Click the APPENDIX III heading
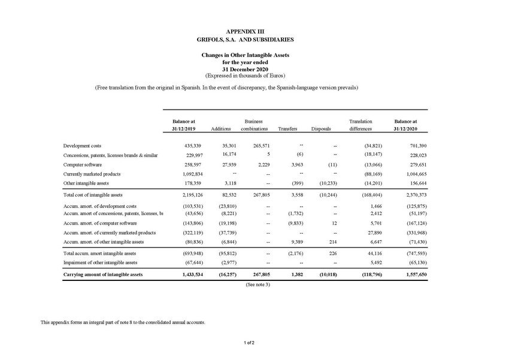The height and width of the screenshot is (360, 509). pos(246,31)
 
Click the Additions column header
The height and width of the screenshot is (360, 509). pos(221,129)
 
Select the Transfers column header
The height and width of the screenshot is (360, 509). pos(288,129)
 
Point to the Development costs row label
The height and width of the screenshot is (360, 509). pos(82,146)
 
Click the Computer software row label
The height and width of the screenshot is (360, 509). pos(83,164)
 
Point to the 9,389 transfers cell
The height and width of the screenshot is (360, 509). pos(290,242)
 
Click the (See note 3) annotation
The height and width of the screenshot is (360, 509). pos(259,284)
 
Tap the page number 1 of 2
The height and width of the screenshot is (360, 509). pos(250,343)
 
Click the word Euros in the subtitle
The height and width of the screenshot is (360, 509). pos(275,75)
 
